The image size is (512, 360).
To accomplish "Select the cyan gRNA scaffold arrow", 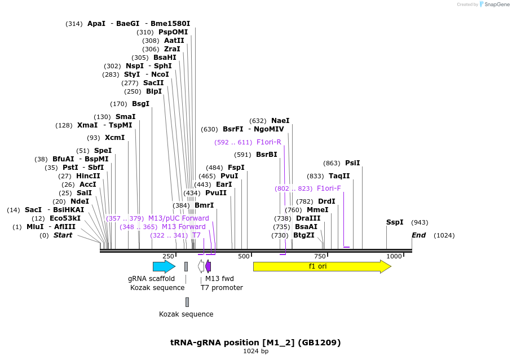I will coord(164,266).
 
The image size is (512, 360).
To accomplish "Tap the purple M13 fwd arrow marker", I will coord(208,266).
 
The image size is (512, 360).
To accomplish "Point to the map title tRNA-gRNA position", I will coord(255,343).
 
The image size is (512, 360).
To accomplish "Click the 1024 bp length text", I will coord(255,352).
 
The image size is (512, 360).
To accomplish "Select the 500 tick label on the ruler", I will coord(244,256).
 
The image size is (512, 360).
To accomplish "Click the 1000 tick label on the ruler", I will coord(394,256).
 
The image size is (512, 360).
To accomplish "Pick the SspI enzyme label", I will coord(395,222).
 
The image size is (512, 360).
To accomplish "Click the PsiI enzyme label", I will coord(352,163).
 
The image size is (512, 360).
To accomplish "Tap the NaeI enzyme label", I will coord(280,121).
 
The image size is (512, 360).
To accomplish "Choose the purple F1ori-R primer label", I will coord(269,142).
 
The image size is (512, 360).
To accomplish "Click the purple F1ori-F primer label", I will coord(329,188).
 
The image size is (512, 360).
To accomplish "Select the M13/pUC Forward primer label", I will coord(178,218).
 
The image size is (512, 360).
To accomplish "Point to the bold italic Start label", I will coord(63,235).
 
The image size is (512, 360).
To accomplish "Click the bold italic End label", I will coord(418,235).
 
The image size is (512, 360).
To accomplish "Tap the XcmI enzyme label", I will coord(114,138).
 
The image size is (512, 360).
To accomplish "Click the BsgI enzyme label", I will coord(140,104).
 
